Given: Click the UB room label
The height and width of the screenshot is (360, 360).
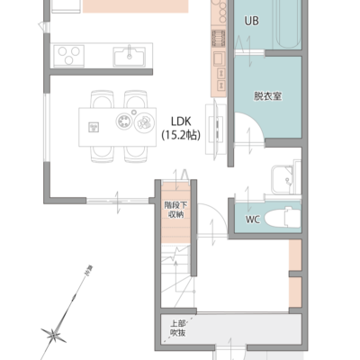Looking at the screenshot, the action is tap(251, 21).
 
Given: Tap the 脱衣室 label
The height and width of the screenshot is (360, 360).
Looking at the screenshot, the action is tap(267, 96).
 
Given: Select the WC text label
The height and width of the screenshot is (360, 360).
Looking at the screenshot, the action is tap(253, 220).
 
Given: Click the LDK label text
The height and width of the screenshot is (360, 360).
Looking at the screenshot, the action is tap(181, 121).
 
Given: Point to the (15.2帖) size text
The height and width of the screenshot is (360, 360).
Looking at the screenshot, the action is tap(181, 135).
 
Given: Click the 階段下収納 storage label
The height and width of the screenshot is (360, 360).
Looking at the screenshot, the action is tap(175, 210).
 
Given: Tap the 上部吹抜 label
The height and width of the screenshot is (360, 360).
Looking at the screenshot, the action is tap(178, 328).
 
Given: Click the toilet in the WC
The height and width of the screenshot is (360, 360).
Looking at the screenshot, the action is tap(283, 217).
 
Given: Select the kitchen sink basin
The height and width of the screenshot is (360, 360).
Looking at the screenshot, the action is tap(130, 57).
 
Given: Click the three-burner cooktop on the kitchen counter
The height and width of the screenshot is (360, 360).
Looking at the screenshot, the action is tap(69, 56).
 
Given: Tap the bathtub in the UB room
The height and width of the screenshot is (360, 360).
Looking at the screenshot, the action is tap(288, 24).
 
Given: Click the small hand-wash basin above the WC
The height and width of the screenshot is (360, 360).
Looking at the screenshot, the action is tap(282, 179).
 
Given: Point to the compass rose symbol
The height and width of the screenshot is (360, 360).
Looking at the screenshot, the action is tap(54, 335).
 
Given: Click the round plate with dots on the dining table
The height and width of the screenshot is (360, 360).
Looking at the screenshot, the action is tap(124, 121).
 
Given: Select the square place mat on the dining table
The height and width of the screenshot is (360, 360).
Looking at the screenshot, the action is tap(94, 127).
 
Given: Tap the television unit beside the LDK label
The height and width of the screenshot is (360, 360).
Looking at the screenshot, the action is tap(216, 129).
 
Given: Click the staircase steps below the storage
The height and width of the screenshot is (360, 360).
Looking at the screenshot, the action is tap(176, 275).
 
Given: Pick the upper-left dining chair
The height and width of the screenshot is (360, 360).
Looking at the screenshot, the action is tap(103, 99).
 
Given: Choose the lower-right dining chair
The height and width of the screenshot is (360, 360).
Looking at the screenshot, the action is tap(136, 154).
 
